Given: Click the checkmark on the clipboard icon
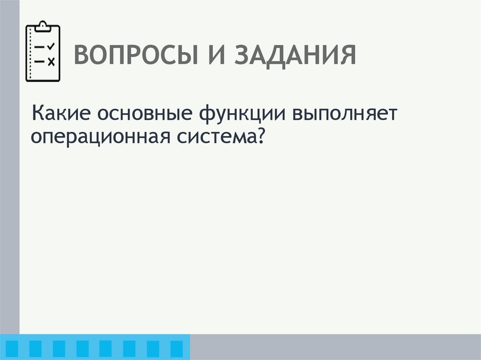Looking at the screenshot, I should [x=51, y=46].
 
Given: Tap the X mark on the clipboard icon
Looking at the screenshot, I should [x=51, y=61].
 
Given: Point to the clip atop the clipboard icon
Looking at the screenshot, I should [x=43, y=25].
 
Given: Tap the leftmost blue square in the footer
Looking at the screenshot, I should [x=13, y=348].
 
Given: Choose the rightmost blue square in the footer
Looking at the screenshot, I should [x=176, y=348].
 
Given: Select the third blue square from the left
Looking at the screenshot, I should [x=59, y=348].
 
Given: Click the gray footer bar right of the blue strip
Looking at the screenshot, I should [x=335, y=347].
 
